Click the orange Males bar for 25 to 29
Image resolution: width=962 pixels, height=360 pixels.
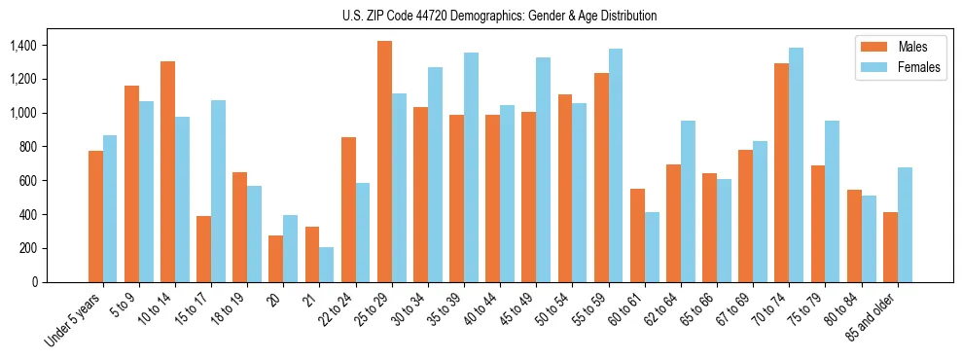pyautogui.click(x=384, y=162)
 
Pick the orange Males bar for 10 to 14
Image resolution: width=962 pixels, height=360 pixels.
pyautogui.click(x=167, y=171)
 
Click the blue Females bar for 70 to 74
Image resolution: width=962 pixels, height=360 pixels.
pyautogui.click(x=797, y=164)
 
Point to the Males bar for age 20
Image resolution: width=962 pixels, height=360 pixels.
pyautogui.click(x=276, y=259)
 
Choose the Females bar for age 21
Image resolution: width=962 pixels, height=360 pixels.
pyautogui.click(x=327, y=265)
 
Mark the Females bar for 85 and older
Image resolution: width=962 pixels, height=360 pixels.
pyautogui.click(x=905, y=225)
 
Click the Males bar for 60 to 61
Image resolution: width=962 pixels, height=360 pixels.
pyautogui.click(x=637, y=235)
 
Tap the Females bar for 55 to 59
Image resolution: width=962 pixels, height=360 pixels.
pyautogui.click(x=616, y=165)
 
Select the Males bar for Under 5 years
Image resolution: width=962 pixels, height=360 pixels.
pyautogui.click(x=95, y=216)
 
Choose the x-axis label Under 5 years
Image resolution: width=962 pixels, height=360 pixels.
pyautogui.click(x=76, y=319)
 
